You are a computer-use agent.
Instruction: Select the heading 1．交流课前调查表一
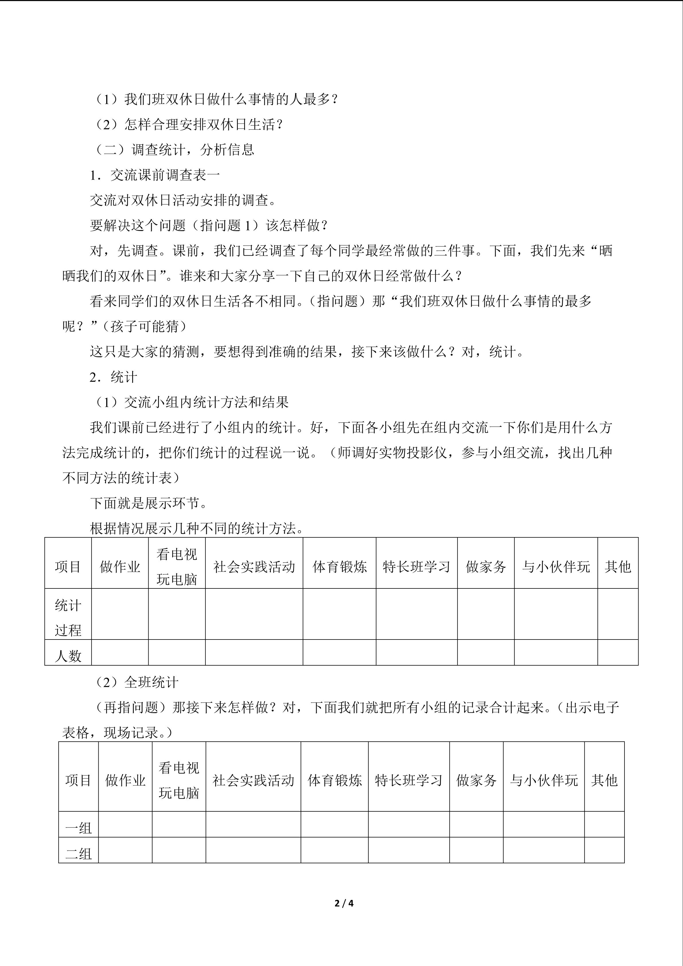click(x=155, y=175)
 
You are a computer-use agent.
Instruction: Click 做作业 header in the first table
click(x=120, y=567)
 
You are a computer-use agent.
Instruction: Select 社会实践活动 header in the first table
click(x=254, y=567)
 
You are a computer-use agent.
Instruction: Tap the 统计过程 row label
click(x=68, y=618)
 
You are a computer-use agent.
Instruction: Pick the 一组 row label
click(x=78, y=828)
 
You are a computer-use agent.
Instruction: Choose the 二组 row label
click(x=78, y=854)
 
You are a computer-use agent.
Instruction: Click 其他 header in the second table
click(x=604, y=780)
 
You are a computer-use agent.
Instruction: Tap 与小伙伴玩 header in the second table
click(x=544, y=780)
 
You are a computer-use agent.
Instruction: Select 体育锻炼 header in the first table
click(x=339, y=567)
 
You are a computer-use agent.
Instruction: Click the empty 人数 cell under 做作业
click(x=120, y=652)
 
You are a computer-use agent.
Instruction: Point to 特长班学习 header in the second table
click(x=409, y=780)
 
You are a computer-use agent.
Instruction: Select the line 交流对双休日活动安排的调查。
click(x=183, y=200)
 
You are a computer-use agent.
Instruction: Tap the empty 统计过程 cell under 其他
click(x=618, y=614)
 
